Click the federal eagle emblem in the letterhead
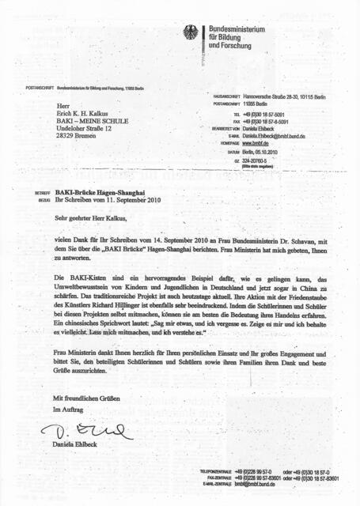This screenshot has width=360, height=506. [191, 33]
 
